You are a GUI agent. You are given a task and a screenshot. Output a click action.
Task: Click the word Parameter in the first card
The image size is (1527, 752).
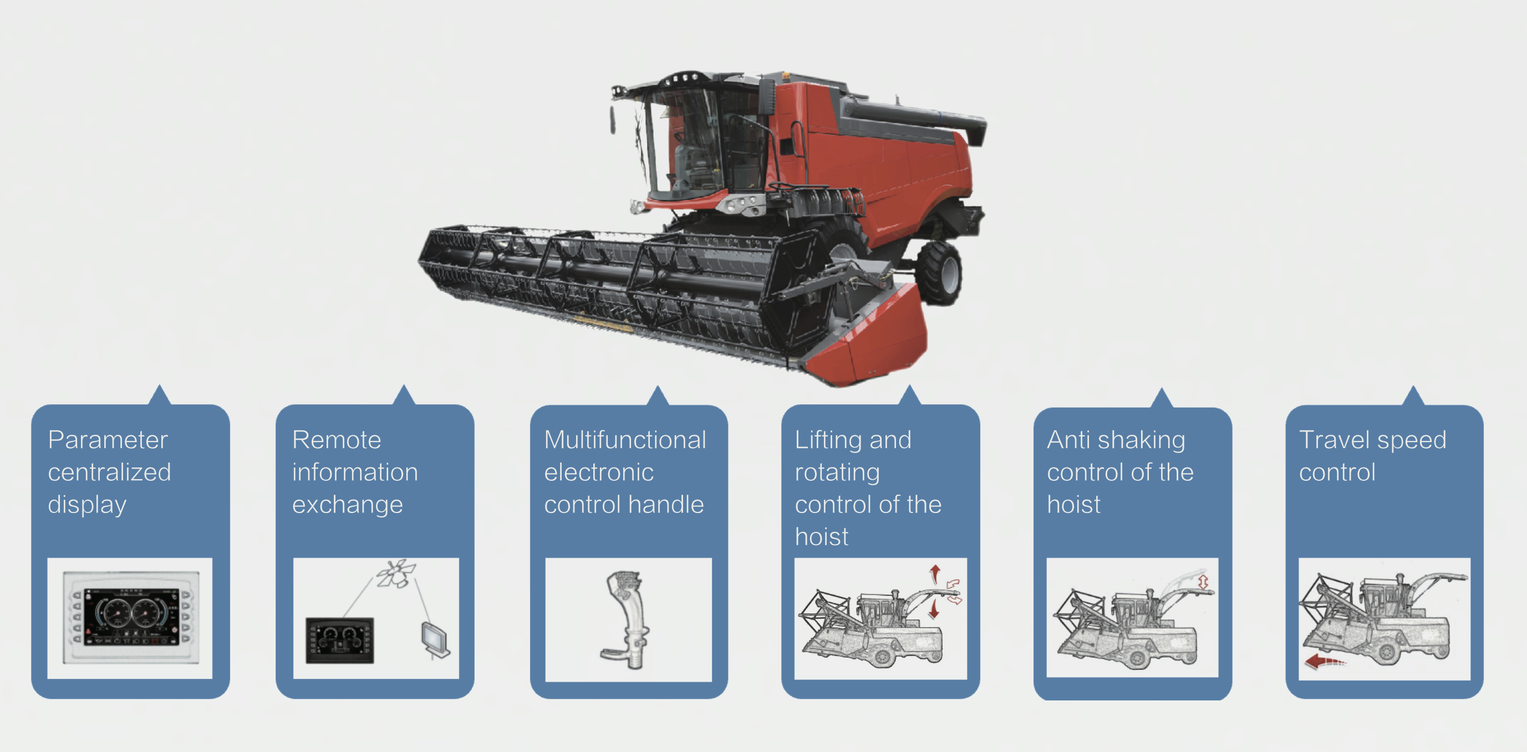coord(108,440)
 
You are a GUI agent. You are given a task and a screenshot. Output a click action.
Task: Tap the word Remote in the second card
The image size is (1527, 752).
coord(337,440)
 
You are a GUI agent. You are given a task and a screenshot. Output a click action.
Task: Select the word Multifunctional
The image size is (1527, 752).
coord(625,440)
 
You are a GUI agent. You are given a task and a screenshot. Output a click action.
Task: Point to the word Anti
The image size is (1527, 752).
coord(1068,440)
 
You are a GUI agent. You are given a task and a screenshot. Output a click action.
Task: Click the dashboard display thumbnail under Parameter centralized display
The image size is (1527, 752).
coord(130,617)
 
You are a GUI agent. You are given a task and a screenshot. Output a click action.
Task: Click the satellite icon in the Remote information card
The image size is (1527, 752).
coord(396,573)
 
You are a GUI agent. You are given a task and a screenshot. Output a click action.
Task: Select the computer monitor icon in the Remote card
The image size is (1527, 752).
coord(435,640)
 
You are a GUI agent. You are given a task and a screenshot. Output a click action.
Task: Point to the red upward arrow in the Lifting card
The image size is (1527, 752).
coord(935,573)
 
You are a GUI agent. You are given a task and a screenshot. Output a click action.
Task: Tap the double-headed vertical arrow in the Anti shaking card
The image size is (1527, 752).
coord(1203,582)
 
